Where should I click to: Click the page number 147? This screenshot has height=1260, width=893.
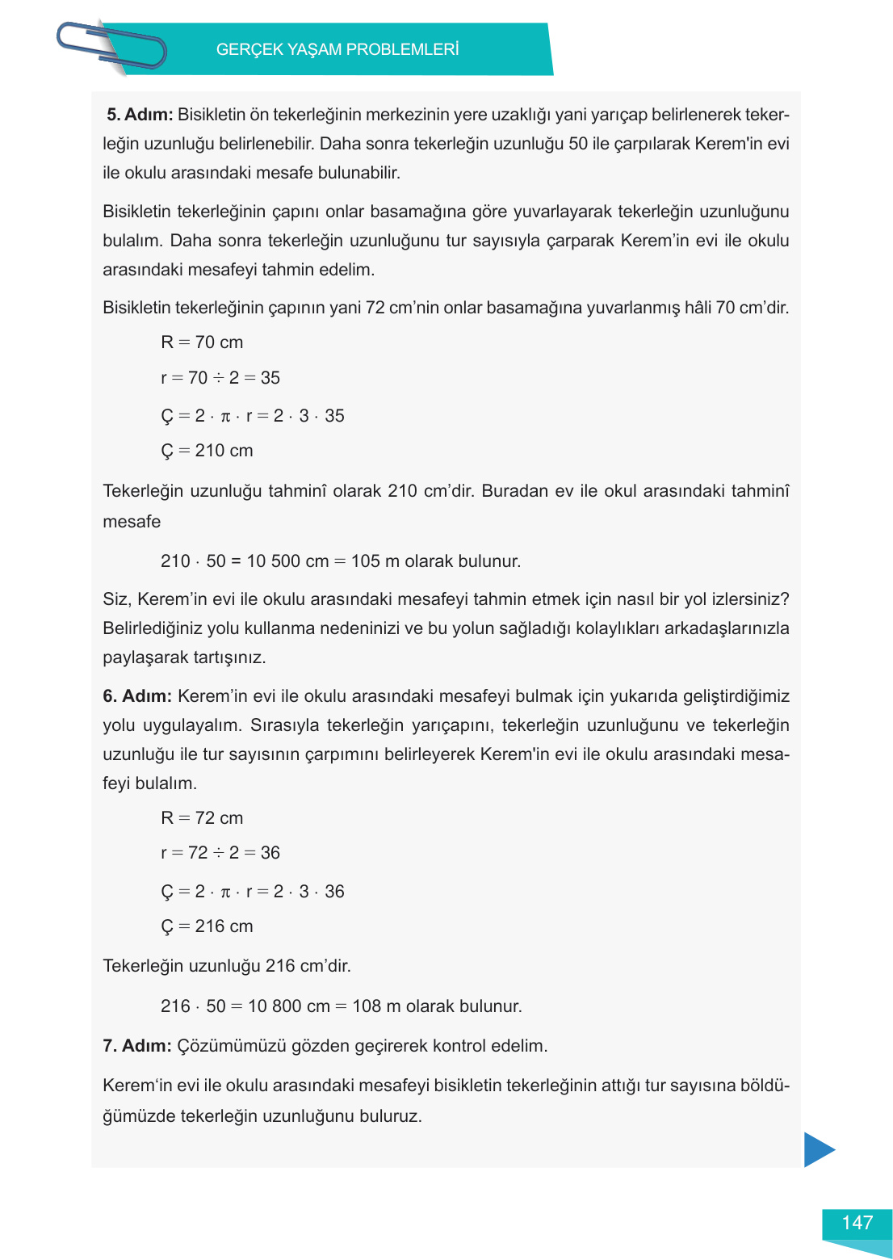(x=857, y=1223)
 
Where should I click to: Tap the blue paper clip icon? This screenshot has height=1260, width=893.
(x=111, y=46)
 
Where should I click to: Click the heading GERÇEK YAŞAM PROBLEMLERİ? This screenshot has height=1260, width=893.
(x=337, y=49)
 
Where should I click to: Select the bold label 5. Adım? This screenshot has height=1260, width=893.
(x=140, y=115)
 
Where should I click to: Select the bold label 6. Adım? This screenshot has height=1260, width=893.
(x=137, y=696)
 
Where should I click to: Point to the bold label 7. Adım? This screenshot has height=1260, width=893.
(x=137, y=1046)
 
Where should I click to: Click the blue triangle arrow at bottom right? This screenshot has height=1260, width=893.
(x=818, y=1149)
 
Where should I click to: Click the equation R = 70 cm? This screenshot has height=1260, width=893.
(x=202, y=342)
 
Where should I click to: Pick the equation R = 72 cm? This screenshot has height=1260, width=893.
(x=202, y=818)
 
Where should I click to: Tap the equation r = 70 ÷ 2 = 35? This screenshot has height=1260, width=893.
(x=220, y=378)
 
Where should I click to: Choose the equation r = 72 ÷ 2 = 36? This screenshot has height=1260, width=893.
(x=220, y=853)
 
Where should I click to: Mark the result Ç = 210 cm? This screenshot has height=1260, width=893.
(x=207, y=451)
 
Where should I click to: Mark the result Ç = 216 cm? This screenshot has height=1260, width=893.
(x=207, y=926)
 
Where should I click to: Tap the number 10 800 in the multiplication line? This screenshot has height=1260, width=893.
(x=275, y=1006)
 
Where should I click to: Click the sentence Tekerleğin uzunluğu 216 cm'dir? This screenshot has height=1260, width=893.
(x=227, y=966)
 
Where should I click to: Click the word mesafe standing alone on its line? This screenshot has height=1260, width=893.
(x=132, y=522)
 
